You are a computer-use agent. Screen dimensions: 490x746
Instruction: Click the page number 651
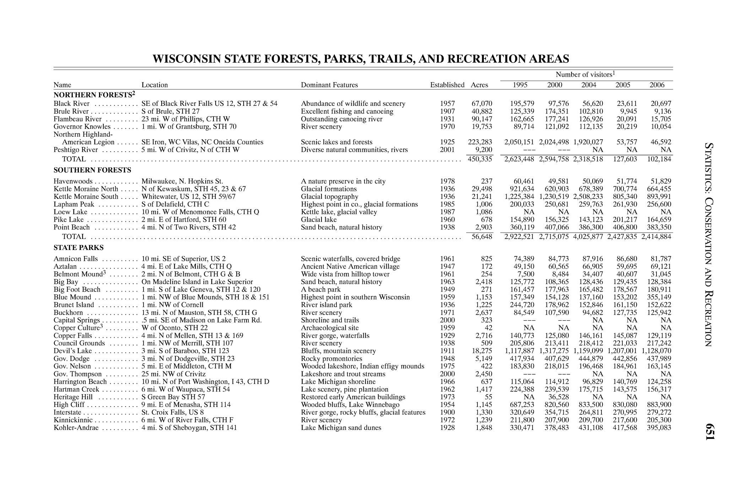pyautogui.click(x=709, y=432)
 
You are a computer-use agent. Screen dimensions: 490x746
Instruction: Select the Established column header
pyautogui.click(x=447, y=85)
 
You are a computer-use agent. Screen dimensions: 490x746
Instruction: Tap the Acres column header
pyautogui.click(x=479, y=85)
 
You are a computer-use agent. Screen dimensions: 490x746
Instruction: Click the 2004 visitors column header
pyautogui.click(x=589, y=85)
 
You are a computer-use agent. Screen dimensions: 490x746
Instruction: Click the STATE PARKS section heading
pyautogui.click(x=79, y=247)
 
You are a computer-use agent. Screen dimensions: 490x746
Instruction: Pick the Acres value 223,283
pyautogui.click(x=480, y=142)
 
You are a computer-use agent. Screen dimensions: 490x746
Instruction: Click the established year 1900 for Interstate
pyautogui.click(x=447, y=413)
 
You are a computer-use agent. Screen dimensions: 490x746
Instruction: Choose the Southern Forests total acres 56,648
pyautogui.click(x=482, y=237)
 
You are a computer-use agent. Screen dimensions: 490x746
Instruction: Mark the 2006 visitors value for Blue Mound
pyautogui.click(x=657, y=297)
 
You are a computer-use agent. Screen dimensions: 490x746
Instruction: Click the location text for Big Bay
pyautogui.click(x=197, y=282)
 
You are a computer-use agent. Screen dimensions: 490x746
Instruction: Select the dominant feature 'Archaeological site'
pyautogui.click(x=330, y=328)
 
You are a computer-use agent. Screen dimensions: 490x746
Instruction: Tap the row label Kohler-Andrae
pyautogui.click(x=76, y=428)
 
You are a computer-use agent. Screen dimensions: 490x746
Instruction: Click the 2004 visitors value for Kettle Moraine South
pyautogui.click(x=588, y=197)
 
